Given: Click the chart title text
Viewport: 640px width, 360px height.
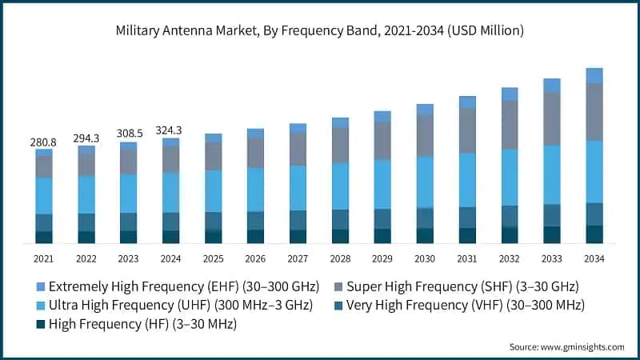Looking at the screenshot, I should pyautogui.click(x=320, y=31).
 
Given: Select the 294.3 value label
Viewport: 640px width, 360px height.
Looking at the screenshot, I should pyautogui.click(x=86, y=138).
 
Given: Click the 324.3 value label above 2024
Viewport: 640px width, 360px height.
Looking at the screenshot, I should pyautogui.click(x=170, y=130).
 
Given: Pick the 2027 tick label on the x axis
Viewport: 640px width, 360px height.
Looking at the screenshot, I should pyautogui.click(x=298, y=259).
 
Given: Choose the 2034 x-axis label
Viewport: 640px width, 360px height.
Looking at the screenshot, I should pyautogui.click(x=594, y=259).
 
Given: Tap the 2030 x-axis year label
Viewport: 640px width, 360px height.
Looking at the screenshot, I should pyautogui.click(x=425, y=259).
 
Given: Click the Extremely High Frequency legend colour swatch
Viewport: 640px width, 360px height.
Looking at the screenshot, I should pyautogui.click(x=40, y=286).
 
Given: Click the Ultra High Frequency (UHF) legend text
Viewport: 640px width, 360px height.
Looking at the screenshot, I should pyautogui.click(x=180, y=306).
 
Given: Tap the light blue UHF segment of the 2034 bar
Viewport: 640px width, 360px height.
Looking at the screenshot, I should pyautogui.click(x=594, y=171).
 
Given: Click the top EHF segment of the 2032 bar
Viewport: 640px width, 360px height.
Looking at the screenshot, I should pyautogui.click(x=510, y=94).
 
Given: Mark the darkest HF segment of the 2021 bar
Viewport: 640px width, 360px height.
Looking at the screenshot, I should pyautogui.click(x=44, y=237).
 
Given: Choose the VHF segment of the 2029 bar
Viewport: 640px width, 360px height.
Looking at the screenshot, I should pyautogui.click(x=382, y=218).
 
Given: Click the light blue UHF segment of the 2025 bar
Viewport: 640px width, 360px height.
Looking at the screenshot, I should pyautogui.click(x=213, y=190).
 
